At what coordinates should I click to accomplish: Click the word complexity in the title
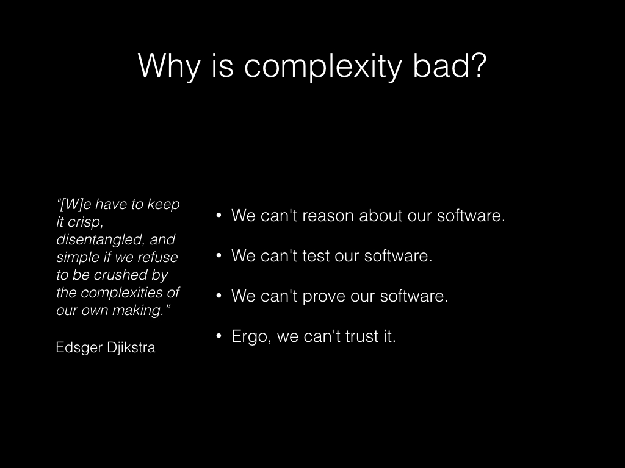[323, 66]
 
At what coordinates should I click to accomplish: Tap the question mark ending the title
[479, 65]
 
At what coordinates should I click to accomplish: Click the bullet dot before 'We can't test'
[219, 255]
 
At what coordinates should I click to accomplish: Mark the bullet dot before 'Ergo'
[219, 336]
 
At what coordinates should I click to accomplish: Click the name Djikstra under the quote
[131, 348]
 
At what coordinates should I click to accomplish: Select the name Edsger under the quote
[79, 348]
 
